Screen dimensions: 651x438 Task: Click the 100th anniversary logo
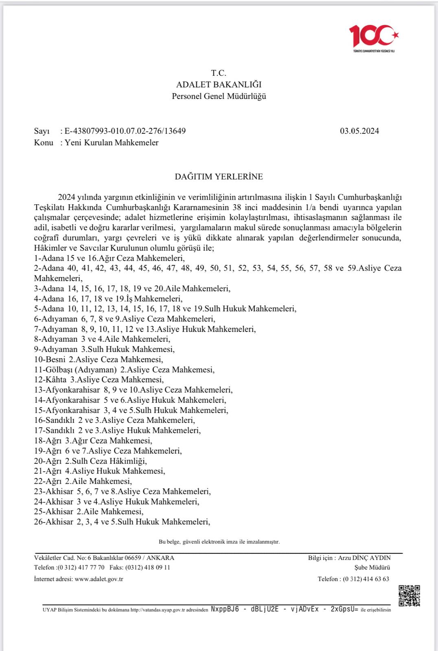coord(374,37)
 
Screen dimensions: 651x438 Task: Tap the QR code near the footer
coord(409,596)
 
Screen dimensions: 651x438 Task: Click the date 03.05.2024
coord(359,131)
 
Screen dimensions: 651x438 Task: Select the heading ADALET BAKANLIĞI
coord(219,85)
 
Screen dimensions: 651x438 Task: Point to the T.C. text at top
coord(219,73)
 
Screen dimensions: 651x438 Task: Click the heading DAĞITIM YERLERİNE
coord(219,177)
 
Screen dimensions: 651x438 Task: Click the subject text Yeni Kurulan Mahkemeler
coord(112,142)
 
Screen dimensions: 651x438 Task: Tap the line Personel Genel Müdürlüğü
coord(219,96)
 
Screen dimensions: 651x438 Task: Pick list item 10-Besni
coord(99,360)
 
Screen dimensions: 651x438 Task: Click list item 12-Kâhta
coord(99,380)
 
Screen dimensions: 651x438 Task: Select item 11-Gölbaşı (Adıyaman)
coord(124,370)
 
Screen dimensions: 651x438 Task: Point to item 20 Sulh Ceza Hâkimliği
coord(90,461)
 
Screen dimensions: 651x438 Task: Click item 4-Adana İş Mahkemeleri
coord(108,299)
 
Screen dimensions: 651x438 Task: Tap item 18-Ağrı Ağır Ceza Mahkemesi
coord(93,441)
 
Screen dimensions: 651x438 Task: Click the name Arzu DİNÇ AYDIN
coord(364,558)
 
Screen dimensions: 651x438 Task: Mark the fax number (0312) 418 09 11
coord(148,568)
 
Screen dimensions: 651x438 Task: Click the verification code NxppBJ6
coord(225,609)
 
